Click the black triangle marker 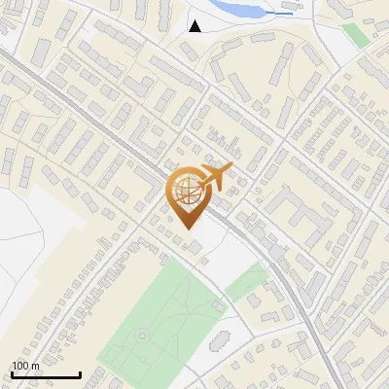tap(195, 26)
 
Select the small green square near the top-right tap(356, 35)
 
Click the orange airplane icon tap(215, 178)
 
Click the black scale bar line tap(46, 374)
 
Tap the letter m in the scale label tap(35, 366)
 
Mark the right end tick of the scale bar tap(80, 372)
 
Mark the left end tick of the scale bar tap(12, 372)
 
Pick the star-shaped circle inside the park tap(143, 336)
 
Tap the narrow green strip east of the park tap(247, 283)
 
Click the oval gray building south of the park tap(218, 341)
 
